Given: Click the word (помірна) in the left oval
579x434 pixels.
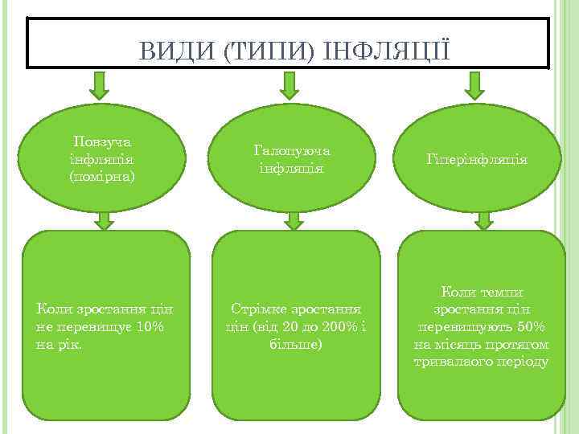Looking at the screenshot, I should point(102,174).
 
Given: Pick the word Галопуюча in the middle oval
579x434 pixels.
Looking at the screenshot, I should point(292,150).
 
